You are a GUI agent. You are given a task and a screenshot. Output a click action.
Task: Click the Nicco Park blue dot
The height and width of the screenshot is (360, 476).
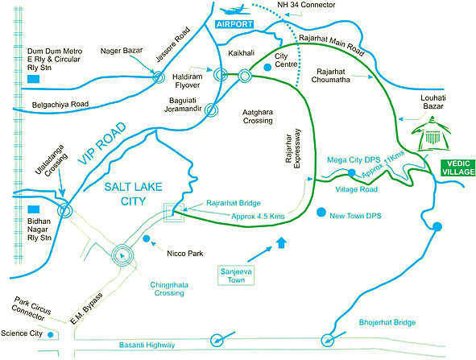coord(145,238)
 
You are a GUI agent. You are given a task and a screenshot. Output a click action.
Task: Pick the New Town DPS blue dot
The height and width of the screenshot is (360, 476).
coord(321,213)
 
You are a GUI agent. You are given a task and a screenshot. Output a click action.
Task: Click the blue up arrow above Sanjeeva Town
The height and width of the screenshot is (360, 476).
coord(280,242)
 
